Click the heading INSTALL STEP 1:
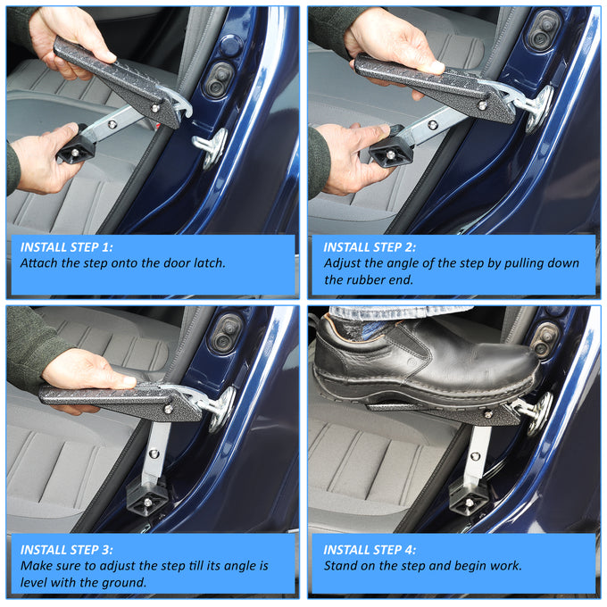[67, 247]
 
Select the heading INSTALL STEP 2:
[370, 247]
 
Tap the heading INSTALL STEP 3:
[67, 550]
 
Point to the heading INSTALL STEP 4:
[370, 550]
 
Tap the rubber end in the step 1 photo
[76, 148]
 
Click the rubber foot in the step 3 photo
[147, 496]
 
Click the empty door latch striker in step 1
[210, 147]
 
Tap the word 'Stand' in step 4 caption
[339, 566]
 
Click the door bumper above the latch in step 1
[219, 79]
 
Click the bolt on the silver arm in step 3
[154, 453]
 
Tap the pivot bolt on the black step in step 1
[154, 108]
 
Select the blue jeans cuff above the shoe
[399, 312]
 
